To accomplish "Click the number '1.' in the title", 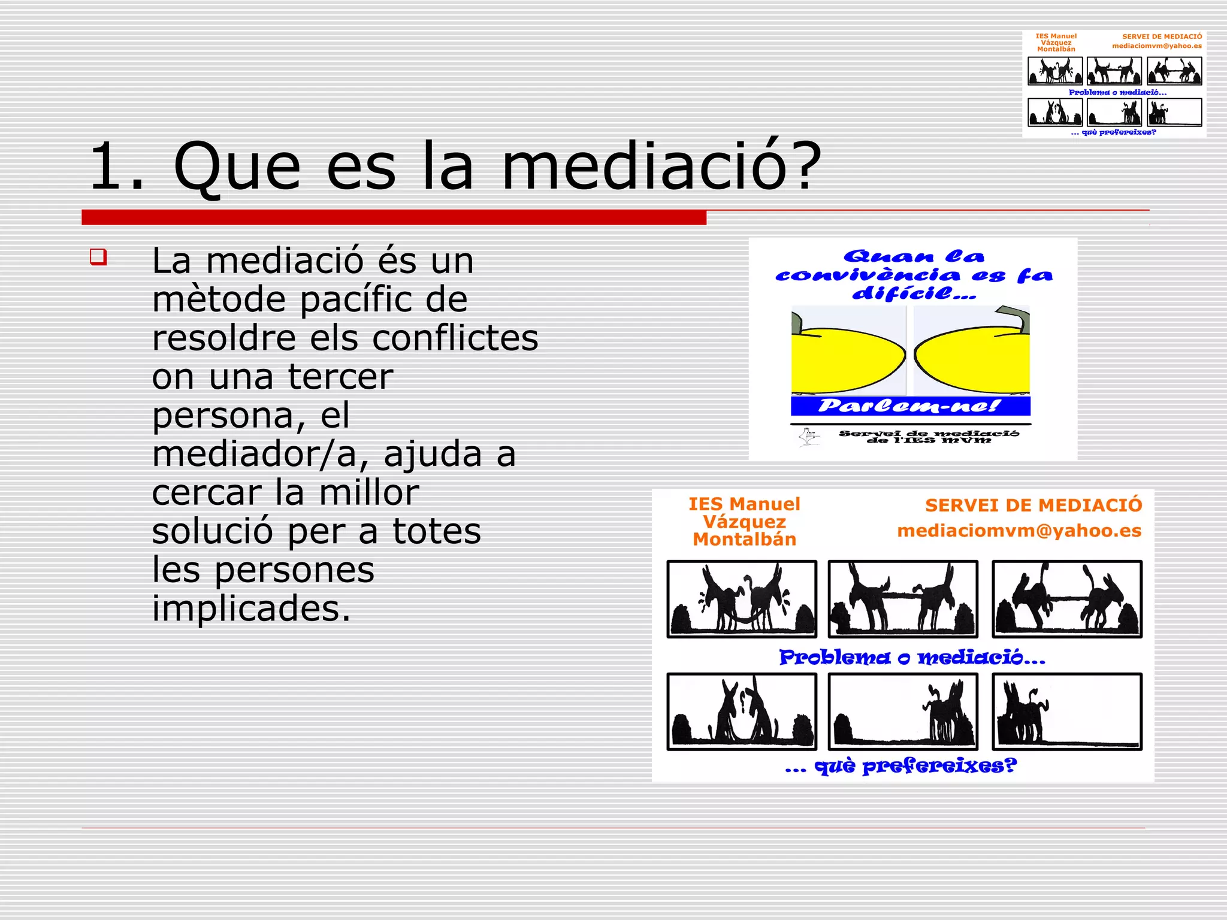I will (x=117, y=167).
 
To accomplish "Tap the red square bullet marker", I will (x=98, y=257).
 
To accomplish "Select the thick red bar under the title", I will (x=394, y=217).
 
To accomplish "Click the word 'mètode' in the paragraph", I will (x=219, y=299).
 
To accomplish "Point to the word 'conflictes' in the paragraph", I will (x=455, y=338).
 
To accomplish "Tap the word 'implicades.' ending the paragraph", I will (x=251, y=609).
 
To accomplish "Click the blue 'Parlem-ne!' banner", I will (x=910, y=406).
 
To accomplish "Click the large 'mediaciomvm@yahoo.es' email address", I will (x=1019, y=531).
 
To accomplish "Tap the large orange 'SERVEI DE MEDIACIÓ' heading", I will (x=1033, y=506).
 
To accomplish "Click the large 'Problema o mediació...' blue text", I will (x=911, y=658).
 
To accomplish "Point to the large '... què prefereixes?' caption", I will (x=900, y=766).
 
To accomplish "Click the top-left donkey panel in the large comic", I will (x=742, y=599).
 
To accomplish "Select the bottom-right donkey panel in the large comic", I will (x=1066, y=712).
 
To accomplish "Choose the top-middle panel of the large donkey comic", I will (x=903, y=599).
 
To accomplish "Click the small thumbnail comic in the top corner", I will (x=1114, y=84).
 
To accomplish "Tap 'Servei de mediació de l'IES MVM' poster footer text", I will (x=928, y=437).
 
